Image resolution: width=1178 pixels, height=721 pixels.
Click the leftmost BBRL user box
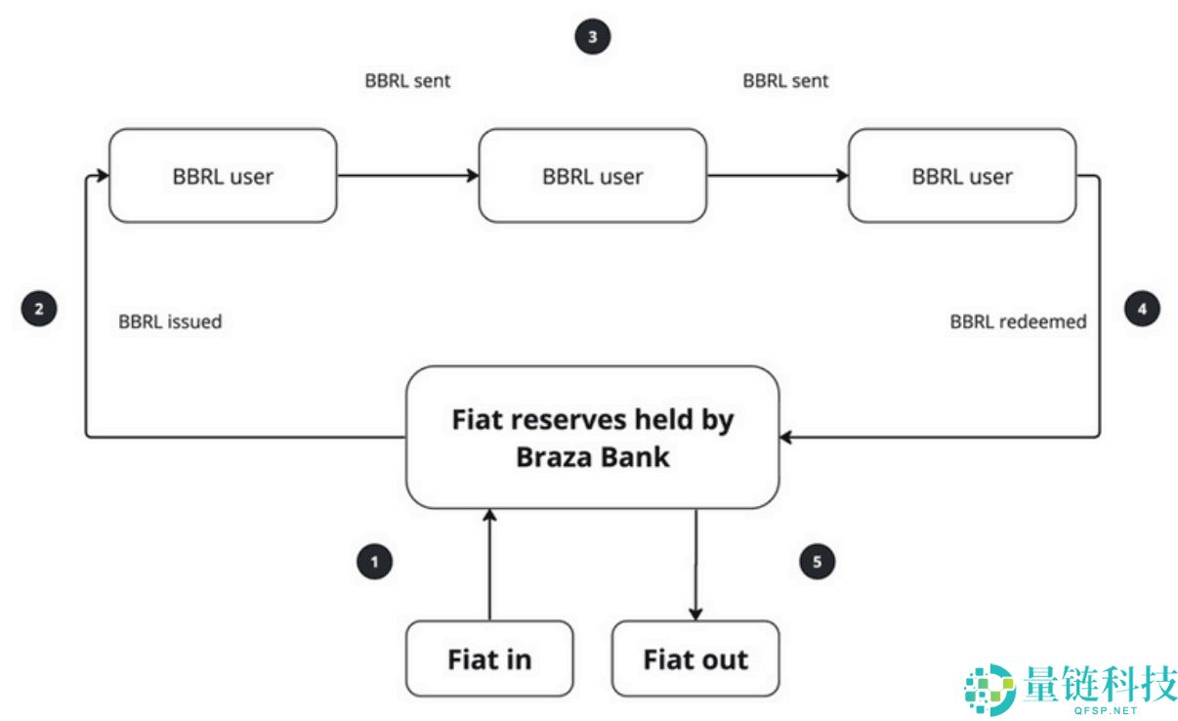click(223, 176)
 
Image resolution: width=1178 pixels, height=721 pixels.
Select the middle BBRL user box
click(592, 176)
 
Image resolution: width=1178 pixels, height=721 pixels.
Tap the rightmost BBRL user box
click(962, 176)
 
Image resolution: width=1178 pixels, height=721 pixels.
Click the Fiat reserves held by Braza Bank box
click(592, 437)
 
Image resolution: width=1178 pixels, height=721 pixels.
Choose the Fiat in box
click(489, 658)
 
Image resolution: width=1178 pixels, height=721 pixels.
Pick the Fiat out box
click(695, 658)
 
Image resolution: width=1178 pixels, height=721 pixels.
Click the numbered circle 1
click(374, 562)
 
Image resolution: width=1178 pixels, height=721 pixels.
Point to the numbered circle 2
click(39, 310)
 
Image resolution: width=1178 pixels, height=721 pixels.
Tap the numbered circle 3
click(592, 38)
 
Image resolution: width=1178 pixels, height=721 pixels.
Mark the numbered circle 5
click(818, 562)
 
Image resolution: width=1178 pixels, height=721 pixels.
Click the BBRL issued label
click(170, 321)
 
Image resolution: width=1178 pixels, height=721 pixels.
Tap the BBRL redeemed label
click(1018, 321)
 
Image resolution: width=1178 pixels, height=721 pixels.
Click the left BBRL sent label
click(407, 81)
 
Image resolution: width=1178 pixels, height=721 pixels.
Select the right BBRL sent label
click(785, 81)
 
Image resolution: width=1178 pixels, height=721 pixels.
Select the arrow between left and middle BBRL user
click(407, 176)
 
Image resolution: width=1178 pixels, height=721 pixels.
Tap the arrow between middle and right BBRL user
click(777, 176)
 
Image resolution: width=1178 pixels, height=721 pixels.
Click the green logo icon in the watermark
click(989, 690)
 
